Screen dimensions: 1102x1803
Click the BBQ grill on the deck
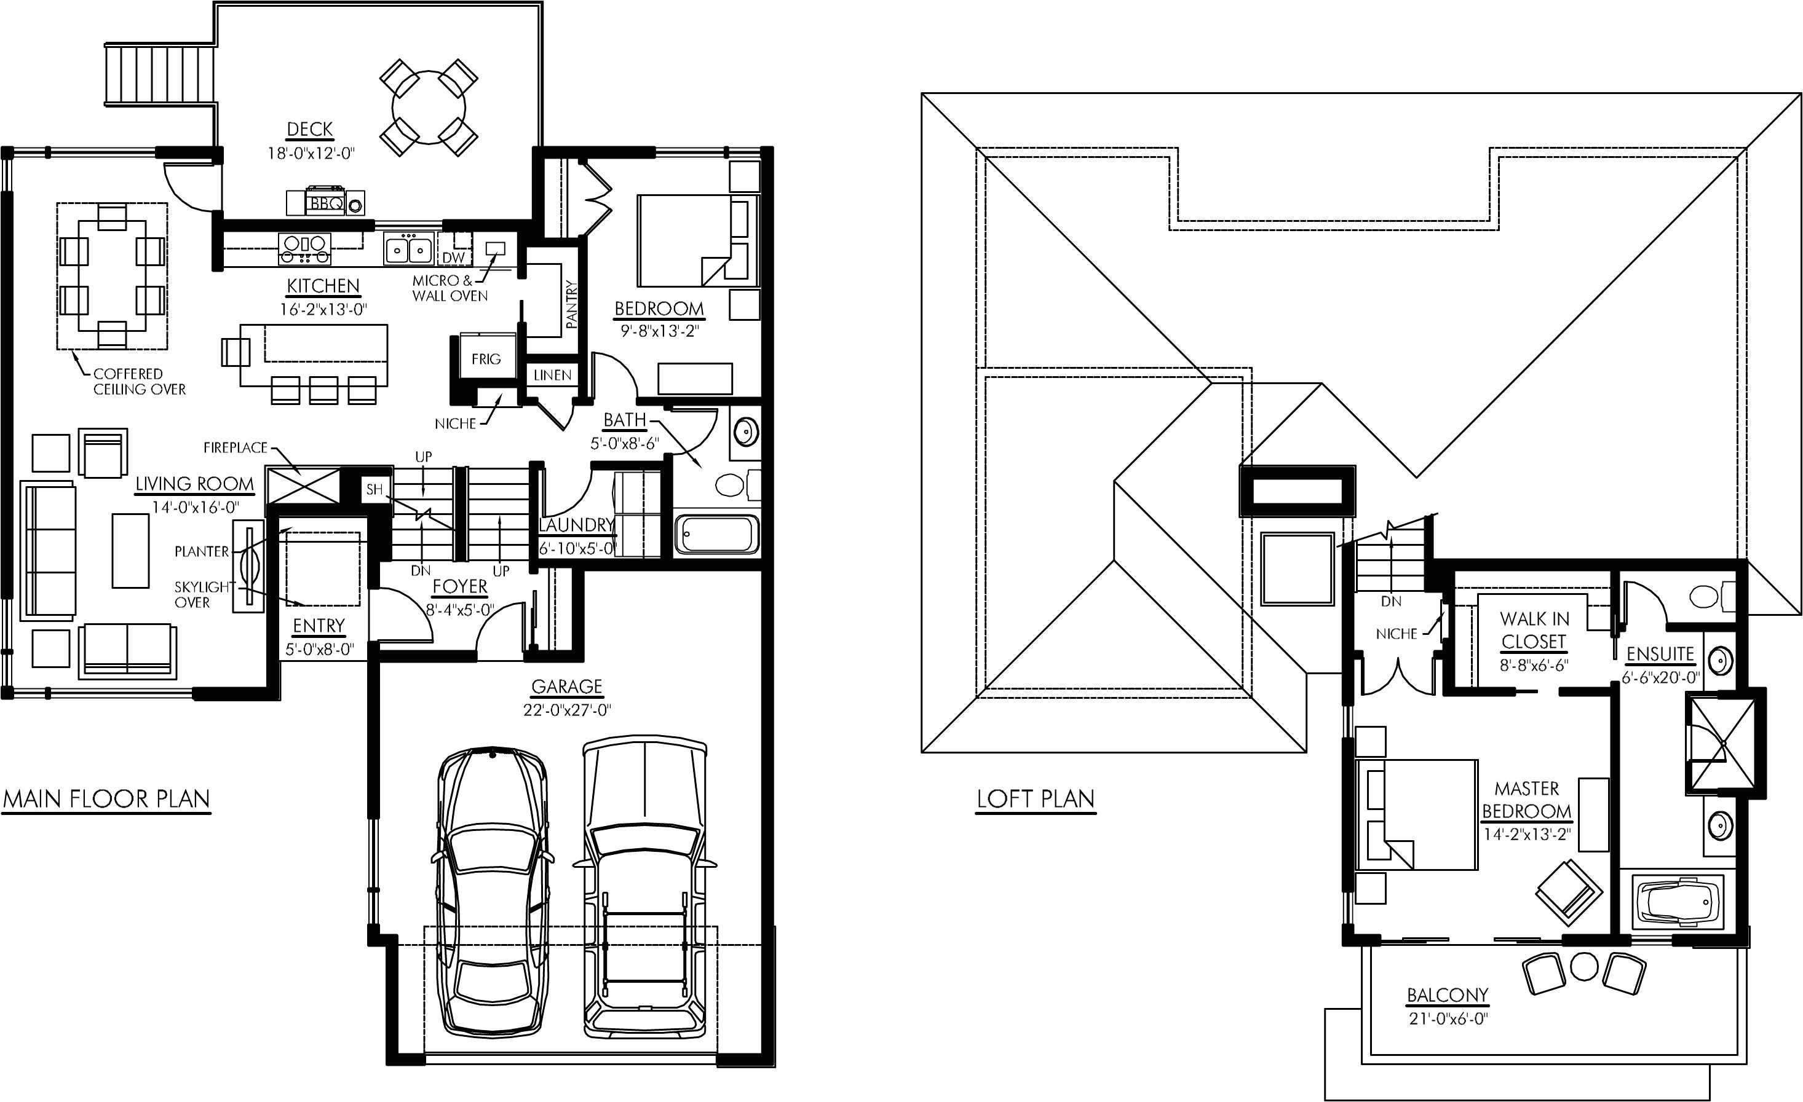[x=324, y=203]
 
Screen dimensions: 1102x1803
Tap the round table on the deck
[x=429, y=108]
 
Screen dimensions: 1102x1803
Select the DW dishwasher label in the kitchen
[x=453, y=258]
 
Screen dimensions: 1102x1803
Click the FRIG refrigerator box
[x=485, y=359]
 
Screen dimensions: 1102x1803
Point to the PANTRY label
[x=571, y=304]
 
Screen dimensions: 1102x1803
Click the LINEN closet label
[x=552, y=375]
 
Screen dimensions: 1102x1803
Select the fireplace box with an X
[x=302, y=485]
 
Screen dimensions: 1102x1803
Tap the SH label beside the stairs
[x=374, y=489]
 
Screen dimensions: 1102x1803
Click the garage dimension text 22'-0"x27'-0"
[x=566, y=710]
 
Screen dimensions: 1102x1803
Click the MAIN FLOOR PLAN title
[x=107, y=798]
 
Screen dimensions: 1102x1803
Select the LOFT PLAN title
[x=1036, y=798]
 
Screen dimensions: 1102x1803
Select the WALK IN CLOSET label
[x=1534, y=631]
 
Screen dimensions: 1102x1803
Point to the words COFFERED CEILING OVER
[x=139, y=382]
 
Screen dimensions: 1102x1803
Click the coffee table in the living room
[x=130, y=550]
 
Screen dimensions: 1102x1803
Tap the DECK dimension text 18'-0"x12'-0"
[x=311, y=154]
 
